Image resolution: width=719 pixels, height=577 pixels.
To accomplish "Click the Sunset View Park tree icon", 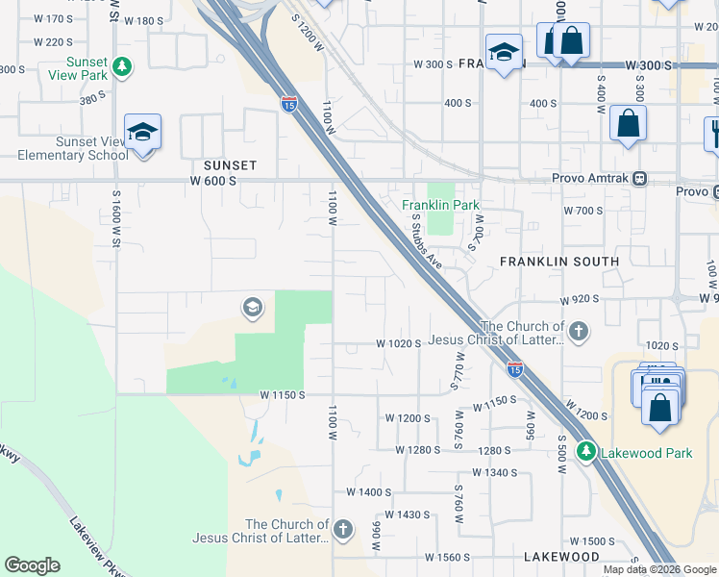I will click(x=122, y=66).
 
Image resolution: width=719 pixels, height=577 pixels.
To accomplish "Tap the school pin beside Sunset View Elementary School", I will click(x=142, y=133).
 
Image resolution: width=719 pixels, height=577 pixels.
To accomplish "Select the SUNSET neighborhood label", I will click(x=230, y=165).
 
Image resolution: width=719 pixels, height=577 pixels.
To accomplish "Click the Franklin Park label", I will click(x=440, y=205).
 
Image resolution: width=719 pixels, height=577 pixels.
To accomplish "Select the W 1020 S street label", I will click(x=399, y=343).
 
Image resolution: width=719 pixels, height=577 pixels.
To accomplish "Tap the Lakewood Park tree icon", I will click(x=585, y=451).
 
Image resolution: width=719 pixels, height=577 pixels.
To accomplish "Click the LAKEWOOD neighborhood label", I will click(x=562, y=557).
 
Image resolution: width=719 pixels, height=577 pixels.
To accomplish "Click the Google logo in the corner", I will click(x=32, y=565).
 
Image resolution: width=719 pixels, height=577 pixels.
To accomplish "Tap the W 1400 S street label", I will click(x=369, y=491).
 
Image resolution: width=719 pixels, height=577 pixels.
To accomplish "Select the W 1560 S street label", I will click(x=441, y=557).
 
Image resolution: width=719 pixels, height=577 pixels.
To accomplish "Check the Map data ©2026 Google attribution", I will click(x=660, y=569).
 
